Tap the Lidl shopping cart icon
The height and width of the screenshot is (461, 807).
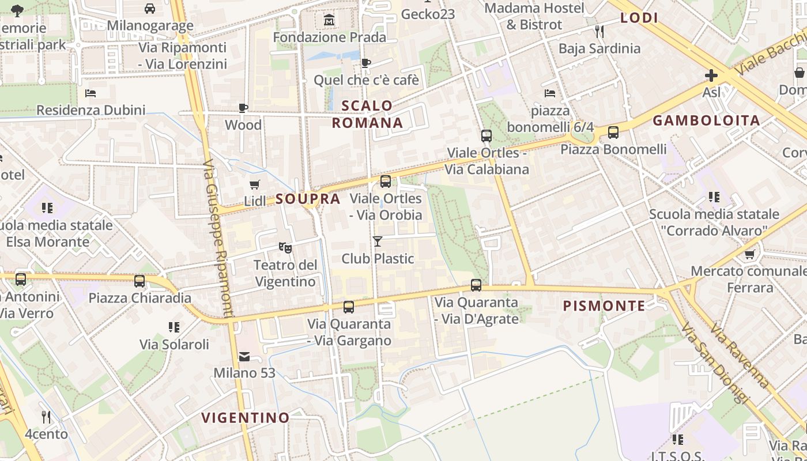(x=254, y=185)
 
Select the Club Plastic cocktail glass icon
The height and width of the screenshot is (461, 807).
(x=378, y=241)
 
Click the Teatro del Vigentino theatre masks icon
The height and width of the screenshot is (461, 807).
(x=285, y=248)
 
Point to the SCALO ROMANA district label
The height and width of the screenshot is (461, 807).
(x=367, y=114)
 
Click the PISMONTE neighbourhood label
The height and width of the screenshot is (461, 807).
(x=604, y=306)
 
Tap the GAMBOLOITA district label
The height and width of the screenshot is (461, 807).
(x=706, y=120)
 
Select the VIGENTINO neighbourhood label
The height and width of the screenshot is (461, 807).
(x=246, y=417)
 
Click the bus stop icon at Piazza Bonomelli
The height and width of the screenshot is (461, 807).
(x=613, y=133)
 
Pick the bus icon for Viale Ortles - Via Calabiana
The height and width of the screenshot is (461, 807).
(x=487, y=136)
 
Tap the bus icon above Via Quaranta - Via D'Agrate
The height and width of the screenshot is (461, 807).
(x=476, y=285)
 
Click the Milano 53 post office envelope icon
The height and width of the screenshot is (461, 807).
(x=244, y=357)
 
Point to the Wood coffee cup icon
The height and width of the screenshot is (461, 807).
(x=243, y=108)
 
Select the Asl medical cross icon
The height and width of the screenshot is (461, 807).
(x=711, y=75)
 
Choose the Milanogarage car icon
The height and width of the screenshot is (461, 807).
(x=150, y=9)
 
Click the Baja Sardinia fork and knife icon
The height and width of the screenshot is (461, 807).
(x=599, y=31)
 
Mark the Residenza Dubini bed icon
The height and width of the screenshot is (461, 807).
(x=90, y=93)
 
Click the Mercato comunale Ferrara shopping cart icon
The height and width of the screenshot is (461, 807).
(x=749, y=254)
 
